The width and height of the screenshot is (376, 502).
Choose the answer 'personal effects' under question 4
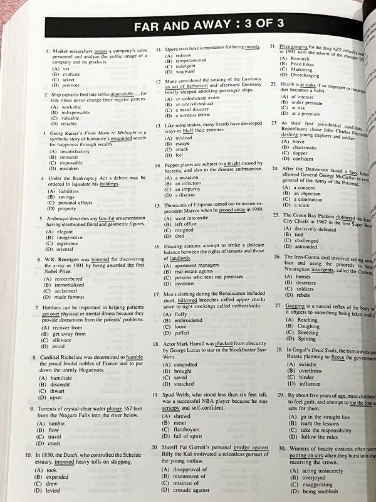pyautogui.click(x=76, y=203)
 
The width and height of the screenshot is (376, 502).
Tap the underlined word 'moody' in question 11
pyautogui.click(x=252, y=48)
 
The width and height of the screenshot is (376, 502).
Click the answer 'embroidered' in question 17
pyautogui.click(x=189, y=321)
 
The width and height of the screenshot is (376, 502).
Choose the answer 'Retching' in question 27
pyautogui.click(x=308, y=321)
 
